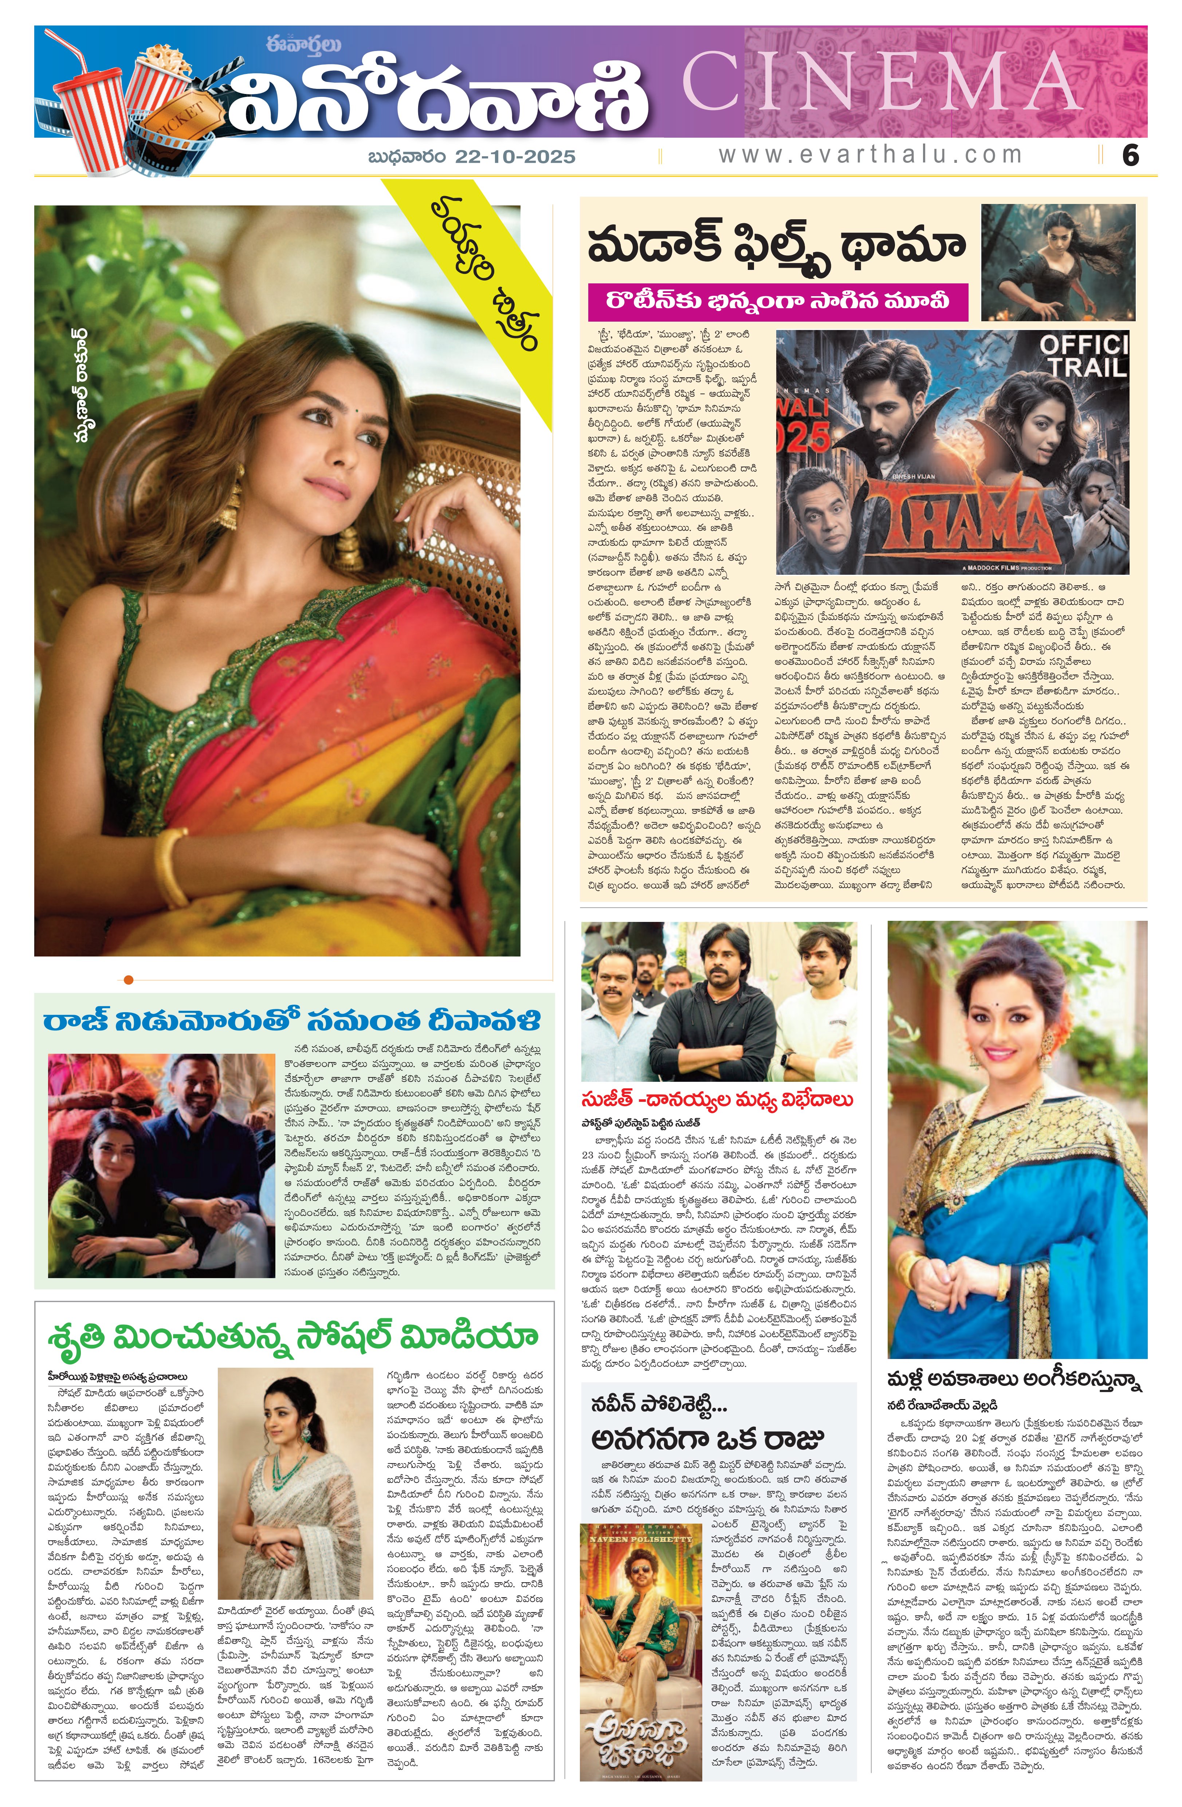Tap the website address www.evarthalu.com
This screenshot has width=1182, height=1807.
pos(869,155)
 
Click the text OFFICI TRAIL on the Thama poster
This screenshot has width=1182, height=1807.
pos(1083,356)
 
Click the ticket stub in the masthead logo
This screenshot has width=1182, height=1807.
pos(182,120)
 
